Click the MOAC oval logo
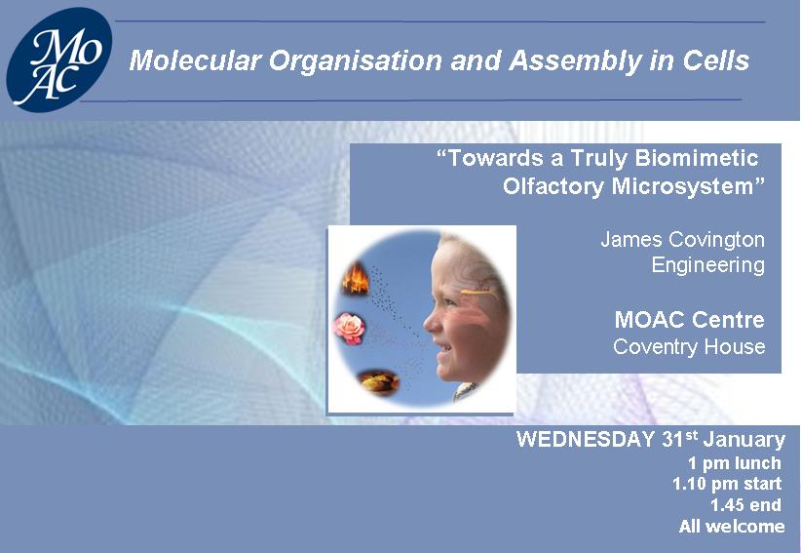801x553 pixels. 58,59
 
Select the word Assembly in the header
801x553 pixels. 575,61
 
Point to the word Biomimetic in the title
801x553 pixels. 697,158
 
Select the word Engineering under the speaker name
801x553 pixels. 708,265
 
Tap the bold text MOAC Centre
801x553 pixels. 690,320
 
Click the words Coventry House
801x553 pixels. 689,346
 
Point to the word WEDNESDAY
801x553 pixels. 586,440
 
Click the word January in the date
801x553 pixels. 744,440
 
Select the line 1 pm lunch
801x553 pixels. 735,463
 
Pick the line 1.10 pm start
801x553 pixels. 727,484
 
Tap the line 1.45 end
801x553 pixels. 745,505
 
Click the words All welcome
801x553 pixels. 732,526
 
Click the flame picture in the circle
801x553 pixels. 355,278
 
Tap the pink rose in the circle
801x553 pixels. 350,328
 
